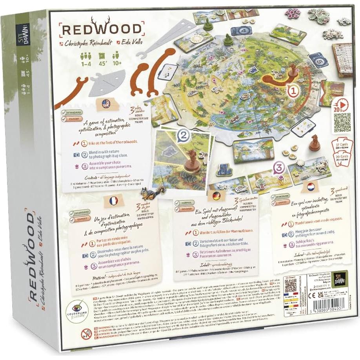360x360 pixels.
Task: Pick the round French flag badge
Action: tap(114, 201)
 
